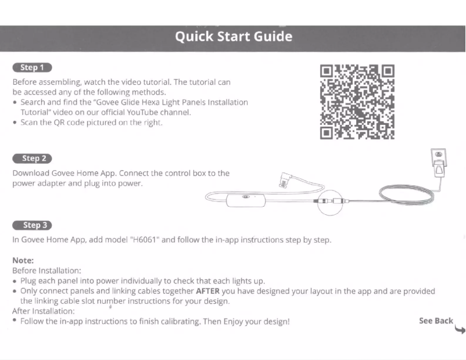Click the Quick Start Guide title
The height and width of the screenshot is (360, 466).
click(x=234, y=37)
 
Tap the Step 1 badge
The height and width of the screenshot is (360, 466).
click(x=32, y=68)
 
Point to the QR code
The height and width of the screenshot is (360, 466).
click(x=357, y=102)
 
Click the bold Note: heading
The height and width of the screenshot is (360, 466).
click(x=23, y=261)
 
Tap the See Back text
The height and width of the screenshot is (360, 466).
click(x=435, y=321)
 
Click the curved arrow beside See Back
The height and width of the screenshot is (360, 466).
click(x=460, y=329)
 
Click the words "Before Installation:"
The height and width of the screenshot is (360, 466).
click(x=46, y=271)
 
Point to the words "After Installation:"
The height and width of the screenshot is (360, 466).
click(x=44, y=311)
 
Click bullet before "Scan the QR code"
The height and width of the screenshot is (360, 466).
click(x=15, y=123)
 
